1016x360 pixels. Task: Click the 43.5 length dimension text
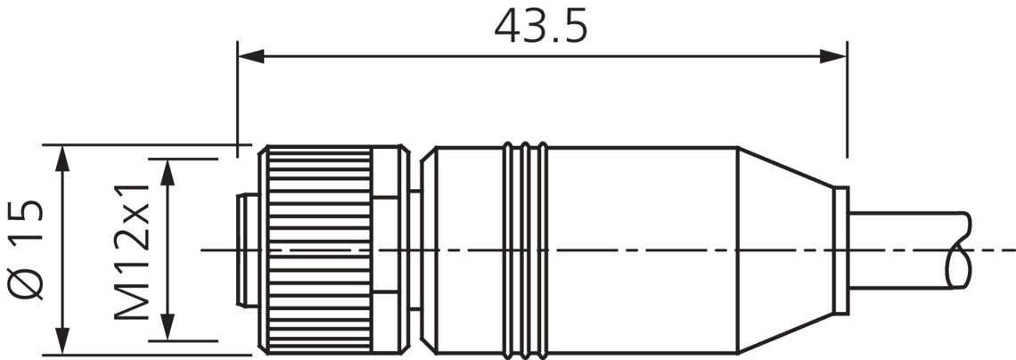coord(541,27)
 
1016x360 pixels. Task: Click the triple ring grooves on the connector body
coord(525,250)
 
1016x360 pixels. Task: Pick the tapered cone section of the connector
coord(784,250)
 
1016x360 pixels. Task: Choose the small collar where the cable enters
coord(840,250)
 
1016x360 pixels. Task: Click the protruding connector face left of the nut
coord(245,250)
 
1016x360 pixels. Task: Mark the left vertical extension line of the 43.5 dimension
coord(237,98)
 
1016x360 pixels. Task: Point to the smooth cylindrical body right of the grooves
coord(642,250)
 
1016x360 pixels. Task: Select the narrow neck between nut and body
coord(414,250)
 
